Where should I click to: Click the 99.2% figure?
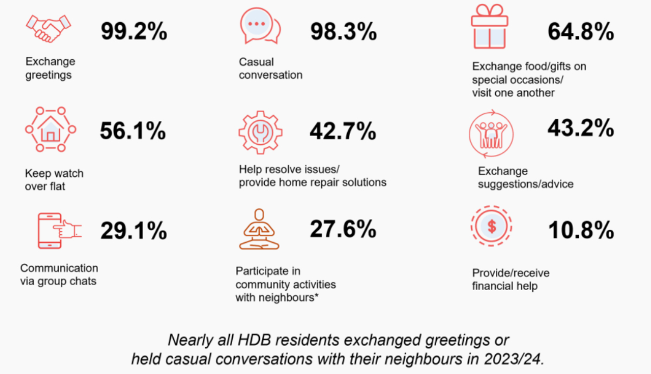133,32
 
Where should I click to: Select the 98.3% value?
343,32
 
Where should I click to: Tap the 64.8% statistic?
580,32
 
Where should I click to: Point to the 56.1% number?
133,131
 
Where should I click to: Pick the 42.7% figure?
343,131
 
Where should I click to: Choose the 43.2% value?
580,128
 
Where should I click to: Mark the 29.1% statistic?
133,231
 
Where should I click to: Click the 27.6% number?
343,229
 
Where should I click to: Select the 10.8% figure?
580,231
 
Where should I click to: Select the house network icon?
50,130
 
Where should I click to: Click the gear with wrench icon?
260,131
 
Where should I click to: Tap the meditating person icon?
259,230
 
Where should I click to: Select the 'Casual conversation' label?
270,68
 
